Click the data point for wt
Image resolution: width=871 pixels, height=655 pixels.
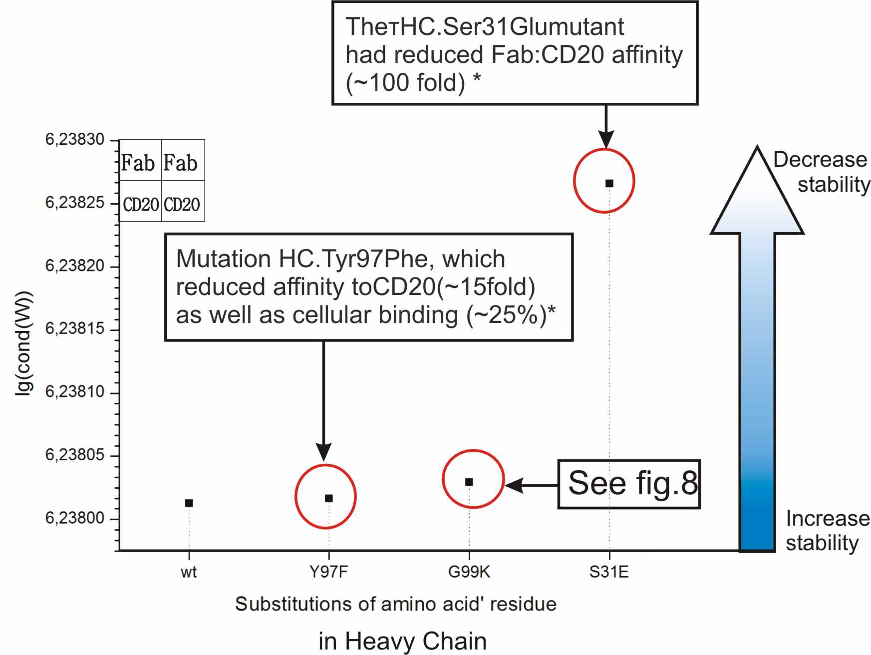click(189, 503)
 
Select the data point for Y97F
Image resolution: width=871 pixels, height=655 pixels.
click(329, 498)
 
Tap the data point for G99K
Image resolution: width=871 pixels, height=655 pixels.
click(469, 482)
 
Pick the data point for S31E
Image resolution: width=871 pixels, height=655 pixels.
click(609, 183)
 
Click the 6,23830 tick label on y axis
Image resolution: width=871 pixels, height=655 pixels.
click(75, 139)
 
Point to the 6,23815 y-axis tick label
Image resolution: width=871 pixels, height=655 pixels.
click(75, 328)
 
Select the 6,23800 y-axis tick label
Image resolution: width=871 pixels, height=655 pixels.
click(75, 518)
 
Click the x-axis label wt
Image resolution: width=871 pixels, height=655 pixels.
click(189, 572)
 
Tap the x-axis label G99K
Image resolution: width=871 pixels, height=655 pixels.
click(469, 572)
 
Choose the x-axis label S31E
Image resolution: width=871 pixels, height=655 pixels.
click(609, 572)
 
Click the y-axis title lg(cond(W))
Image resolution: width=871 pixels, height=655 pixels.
click(23, 343)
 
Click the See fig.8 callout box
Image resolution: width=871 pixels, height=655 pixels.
click(629, 484)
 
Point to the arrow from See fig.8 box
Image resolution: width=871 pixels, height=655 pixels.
click(531, 485)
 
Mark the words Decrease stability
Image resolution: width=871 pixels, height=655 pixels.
click(822, 172)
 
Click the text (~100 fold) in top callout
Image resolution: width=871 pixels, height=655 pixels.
click(405, 83)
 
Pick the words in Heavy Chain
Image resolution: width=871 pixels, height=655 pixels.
click(403, 641)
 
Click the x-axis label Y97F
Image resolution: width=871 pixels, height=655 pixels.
click(328, 572)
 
